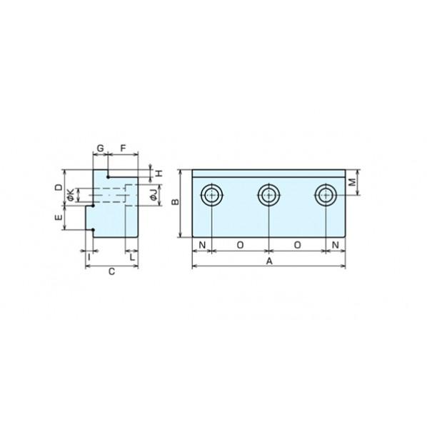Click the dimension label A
[269, 261]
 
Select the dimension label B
[176, 202]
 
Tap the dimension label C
[111, 271]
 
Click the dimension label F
[123, 149]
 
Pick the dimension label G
[101, 149]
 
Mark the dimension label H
[159, 173]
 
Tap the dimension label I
[89, 256]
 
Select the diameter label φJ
[154, 194]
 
